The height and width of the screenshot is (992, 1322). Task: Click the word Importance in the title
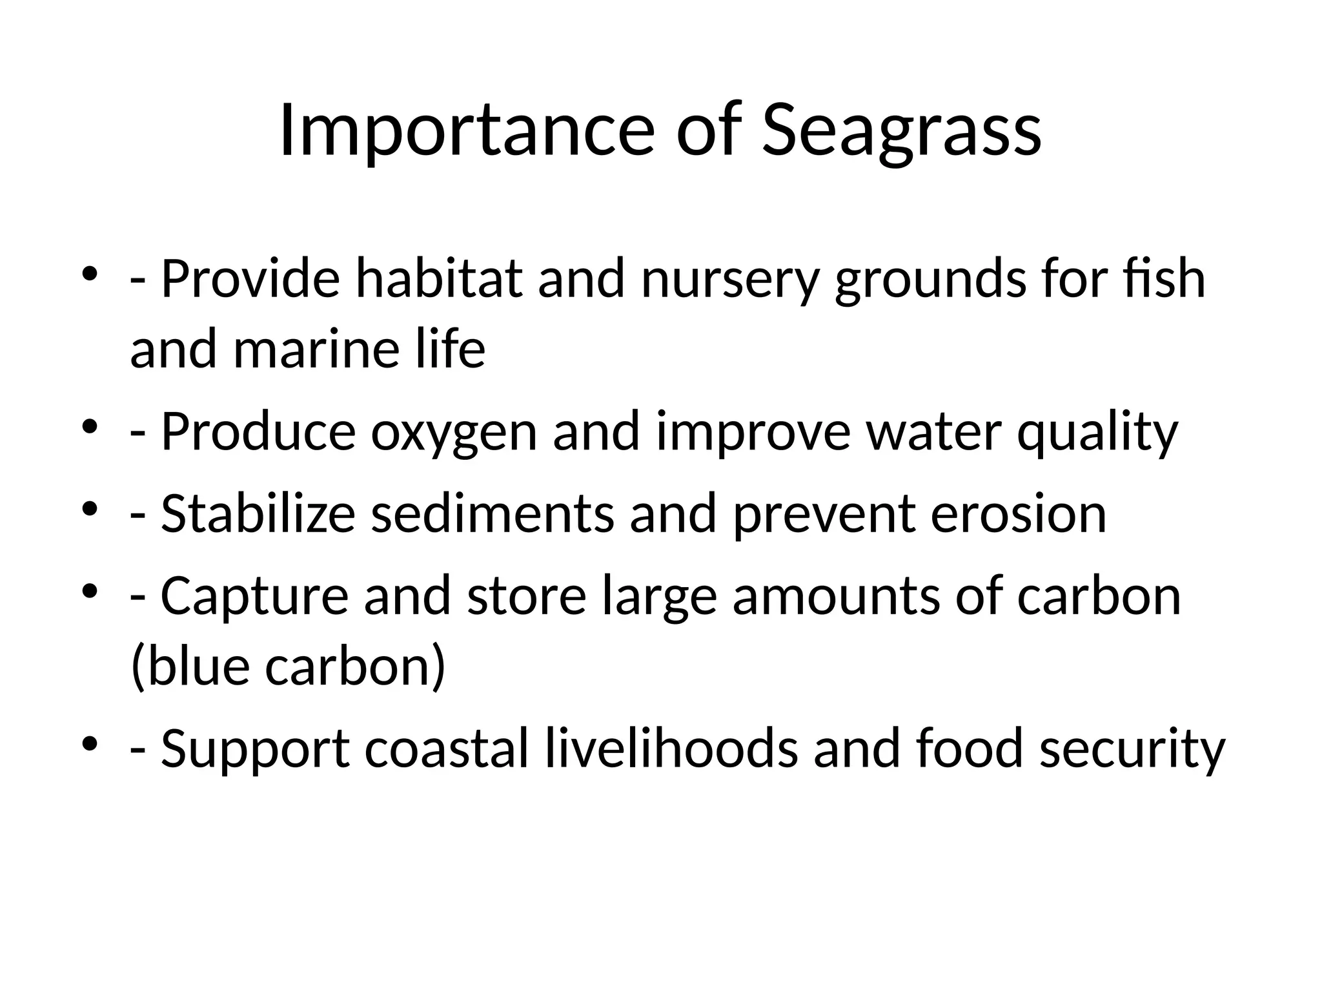click(x=467, y=130)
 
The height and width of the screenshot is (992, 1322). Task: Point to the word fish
click(x=1170, y=279)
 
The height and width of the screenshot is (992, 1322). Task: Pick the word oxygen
click(x=454, y=431)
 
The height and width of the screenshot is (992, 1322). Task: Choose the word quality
click(x=1097, y=431)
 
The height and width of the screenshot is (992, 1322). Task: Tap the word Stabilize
click(x=258, y=513)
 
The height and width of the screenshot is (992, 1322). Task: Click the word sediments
click(x=493, y=513)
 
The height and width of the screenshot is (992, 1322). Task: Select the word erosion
click(x=1019, y=513)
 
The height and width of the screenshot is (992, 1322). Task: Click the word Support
click(x=256, y=748)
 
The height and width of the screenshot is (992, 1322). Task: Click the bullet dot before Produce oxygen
click(x=90, y=427)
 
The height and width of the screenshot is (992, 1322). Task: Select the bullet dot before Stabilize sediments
click(x=90, y=509)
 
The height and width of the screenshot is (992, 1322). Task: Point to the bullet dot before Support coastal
click(x=90, y=743)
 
